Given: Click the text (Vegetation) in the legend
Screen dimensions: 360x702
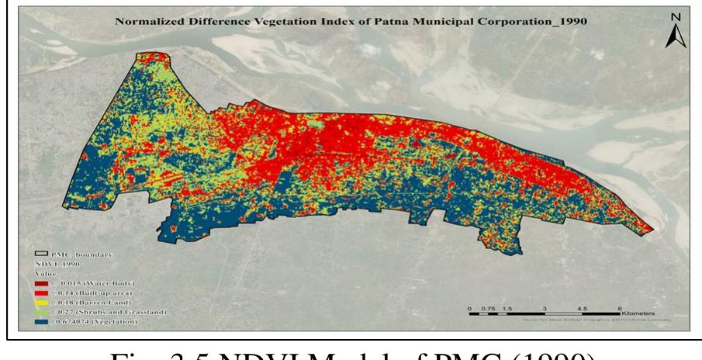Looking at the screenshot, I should click(116, 321).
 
